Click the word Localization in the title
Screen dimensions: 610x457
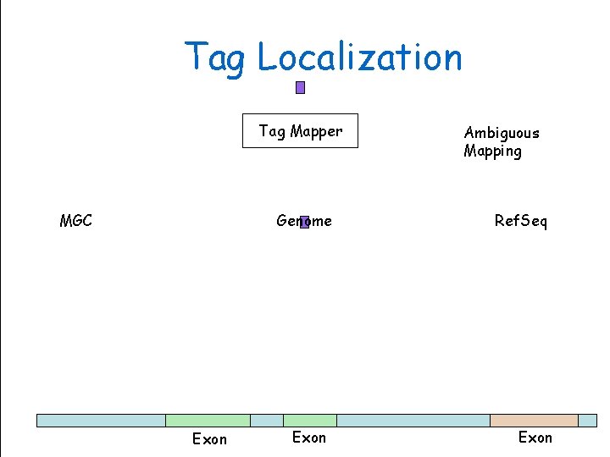tap(359, 58)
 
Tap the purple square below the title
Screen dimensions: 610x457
tap(300, 87)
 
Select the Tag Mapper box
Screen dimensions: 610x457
tap(300, 130)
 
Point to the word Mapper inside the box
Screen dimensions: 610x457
tap(316, 131)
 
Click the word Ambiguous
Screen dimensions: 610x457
tap(502, 133)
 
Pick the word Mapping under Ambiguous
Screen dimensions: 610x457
tap(492, 151)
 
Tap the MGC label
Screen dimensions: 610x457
tap(76, 221)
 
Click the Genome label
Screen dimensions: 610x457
tap(304, 221)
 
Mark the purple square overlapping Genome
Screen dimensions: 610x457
tap(304, 222)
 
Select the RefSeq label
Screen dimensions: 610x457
tap(521, 221)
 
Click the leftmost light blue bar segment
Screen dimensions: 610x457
tap(101, 421)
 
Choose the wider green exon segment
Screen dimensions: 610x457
tap(208, 421)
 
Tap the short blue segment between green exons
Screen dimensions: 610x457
tap(266, 421)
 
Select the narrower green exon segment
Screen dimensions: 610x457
tap(309, 421)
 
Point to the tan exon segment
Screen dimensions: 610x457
tap(534, 421)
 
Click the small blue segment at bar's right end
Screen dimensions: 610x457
tap(587, 421)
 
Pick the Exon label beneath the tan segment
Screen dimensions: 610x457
tap(535, 438)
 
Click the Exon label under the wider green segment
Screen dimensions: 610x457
tap(209, 439)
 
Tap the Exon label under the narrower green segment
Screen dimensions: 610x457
tap(308, 438)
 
